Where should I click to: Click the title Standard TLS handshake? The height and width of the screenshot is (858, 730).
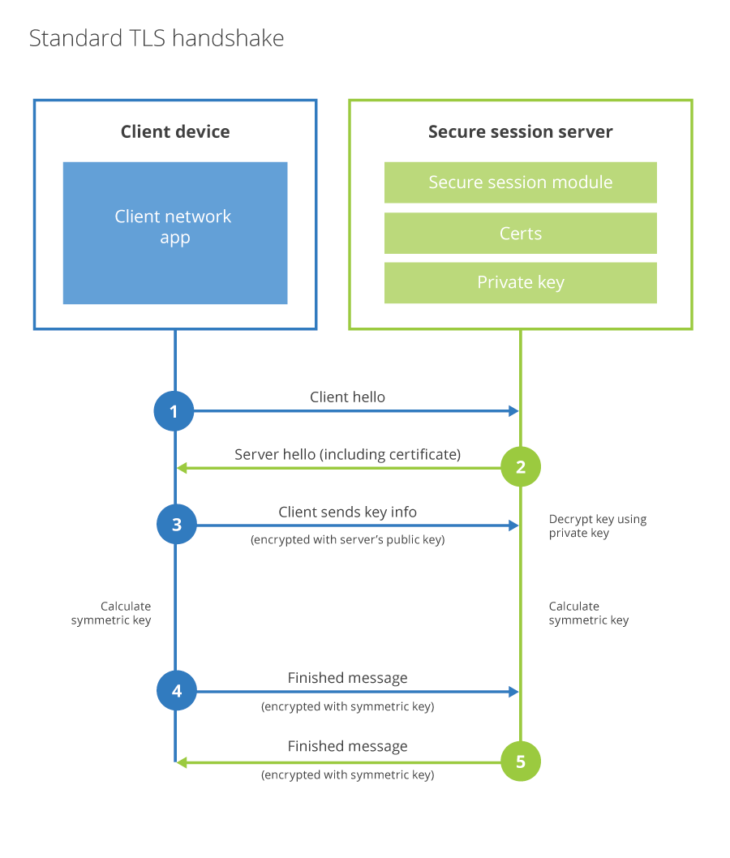(x=157, y=38)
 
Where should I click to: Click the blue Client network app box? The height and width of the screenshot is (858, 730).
(x=175, y=233)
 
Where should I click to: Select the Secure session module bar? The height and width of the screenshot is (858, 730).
(x=520, y=182)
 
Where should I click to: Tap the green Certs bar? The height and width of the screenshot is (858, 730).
(x=520, y=234)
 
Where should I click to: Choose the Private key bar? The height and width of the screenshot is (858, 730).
(x=520, y=282)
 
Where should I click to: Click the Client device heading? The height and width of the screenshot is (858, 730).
(x=175, y=131)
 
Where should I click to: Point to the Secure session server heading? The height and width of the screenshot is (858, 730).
(x=520, y=131)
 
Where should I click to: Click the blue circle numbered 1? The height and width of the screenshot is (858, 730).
(x=174, y=411)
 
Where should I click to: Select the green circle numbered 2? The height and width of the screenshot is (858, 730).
(x=520, y=467)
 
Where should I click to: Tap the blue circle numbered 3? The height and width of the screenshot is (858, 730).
(x=176, y=526)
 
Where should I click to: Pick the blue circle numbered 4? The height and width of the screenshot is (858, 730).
(x=176, y=692)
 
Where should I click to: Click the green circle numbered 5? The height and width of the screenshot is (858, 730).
(x=520, y=761)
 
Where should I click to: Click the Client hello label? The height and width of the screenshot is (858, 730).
(x=347, y=397)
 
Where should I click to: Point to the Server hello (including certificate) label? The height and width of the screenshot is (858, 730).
(x=347, y=454)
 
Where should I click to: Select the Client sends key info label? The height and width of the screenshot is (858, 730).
(x=347, y=512)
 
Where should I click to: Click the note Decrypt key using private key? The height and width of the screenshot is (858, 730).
(x=597, y=526)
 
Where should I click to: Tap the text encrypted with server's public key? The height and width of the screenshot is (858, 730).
(x=347, y=540)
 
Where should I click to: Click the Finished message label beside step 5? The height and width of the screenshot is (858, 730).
(x=347, y=746)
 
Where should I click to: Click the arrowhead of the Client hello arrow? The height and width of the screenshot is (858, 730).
(x=513, y=411)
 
